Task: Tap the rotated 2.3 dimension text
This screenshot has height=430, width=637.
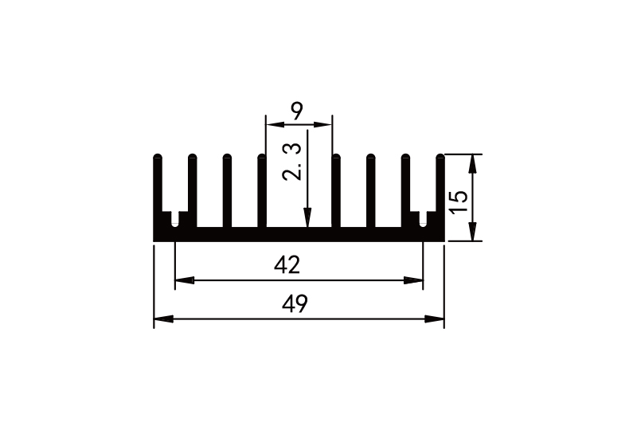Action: click(x=294, y=162)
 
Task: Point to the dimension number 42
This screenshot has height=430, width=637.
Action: click(x=287, y=265)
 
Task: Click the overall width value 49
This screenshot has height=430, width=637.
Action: click(x=296, y=303)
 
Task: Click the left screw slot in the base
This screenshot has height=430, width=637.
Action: click(x=175, y=219)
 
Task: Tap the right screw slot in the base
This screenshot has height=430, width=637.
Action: click(x=423, y=219)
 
